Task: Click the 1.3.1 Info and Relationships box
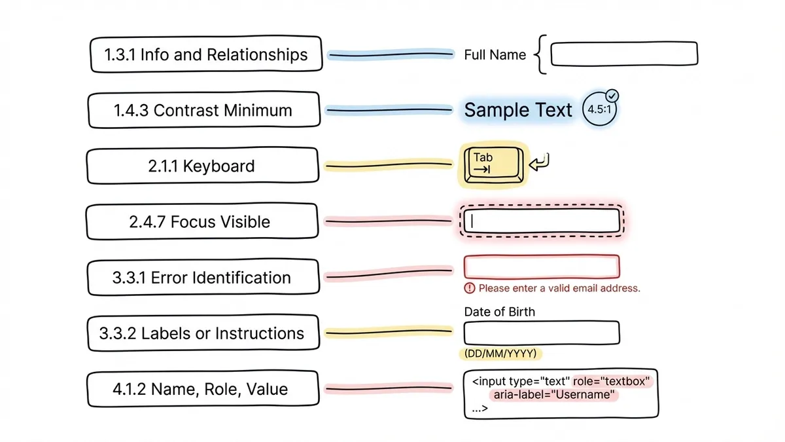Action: pos(205,55)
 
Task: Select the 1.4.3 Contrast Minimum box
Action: pos(203,110)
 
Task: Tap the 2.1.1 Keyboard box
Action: pos(201,166)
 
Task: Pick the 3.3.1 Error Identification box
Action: pos(201,278)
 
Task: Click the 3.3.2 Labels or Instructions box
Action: pos(201,333)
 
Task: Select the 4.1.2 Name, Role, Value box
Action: pos(200,390)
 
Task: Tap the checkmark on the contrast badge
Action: pos(612,96)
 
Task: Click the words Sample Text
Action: pos(518,111)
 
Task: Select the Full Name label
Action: pos(495,55)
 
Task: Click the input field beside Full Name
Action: pos(624,54)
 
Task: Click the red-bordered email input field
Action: pos(541,267)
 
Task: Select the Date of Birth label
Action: pos(499,312)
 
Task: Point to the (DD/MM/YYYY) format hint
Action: pos(500,354)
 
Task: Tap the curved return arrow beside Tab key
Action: pos(540,162)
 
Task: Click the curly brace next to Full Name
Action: pos(539,55)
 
